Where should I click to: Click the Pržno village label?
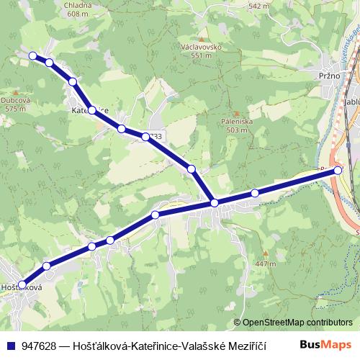pos(318,74)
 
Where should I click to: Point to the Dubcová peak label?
pos(15,101)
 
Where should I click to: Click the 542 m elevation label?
pos(258,6)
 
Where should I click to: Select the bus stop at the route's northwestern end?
pos(32,55)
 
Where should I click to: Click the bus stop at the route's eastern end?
pos(338,171)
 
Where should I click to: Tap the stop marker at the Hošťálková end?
pos(22,284)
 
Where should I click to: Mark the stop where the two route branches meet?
pos(215,203)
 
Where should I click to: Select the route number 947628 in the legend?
pos(39,345)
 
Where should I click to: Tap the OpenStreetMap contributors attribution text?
pos(297,323)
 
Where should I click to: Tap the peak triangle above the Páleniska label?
pos(232,113)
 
